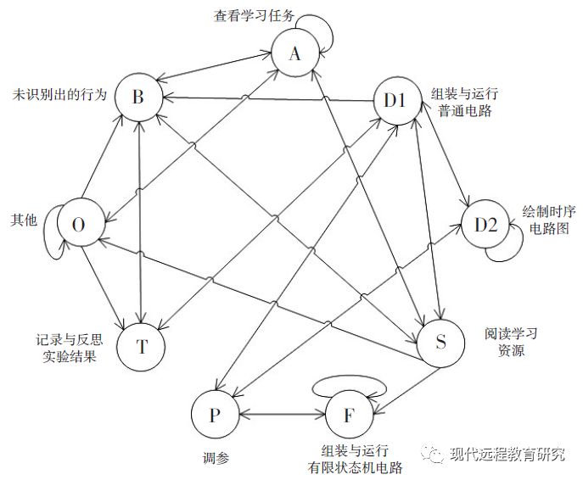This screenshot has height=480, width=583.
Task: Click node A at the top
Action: click(x=294, y=54)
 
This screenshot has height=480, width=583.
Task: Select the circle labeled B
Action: click(x=138, y=98)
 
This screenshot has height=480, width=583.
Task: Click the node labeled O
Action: click(x=79, y=225)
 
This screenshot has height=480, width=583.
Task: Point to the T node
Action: click(x=142, y=345)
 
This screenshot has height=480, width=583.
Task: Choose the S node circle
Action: click(x=440, y=343)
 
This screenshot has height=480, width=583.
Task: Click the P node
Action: click(x=215, y=415)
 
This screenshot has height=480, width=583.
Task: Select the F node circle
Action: click(x=349, y=416)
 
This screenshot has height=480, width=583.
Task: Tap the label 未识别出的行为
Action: click(x=60, y=93)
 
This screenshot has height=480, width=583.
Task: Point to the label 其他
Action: click(x=23, y=220)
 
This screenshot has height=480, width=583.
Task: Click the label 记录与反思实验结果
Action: click(x=64, y=347)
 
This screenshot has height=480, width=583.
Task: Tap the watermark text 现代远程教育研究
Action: click(x=507, y=455)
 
